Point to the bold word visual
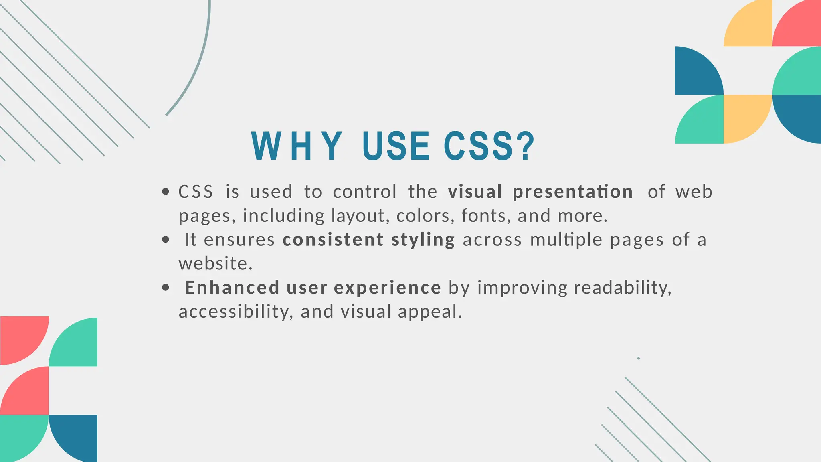[475, 192]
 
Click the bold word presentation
[573, 192]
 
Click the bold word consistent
[333, 240]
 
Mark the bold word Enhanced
[232, 288]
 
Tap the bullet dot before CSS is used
[166, 192]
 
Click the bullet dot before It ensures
[166, 240]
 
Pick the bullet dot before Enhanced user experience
[166, 288]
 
